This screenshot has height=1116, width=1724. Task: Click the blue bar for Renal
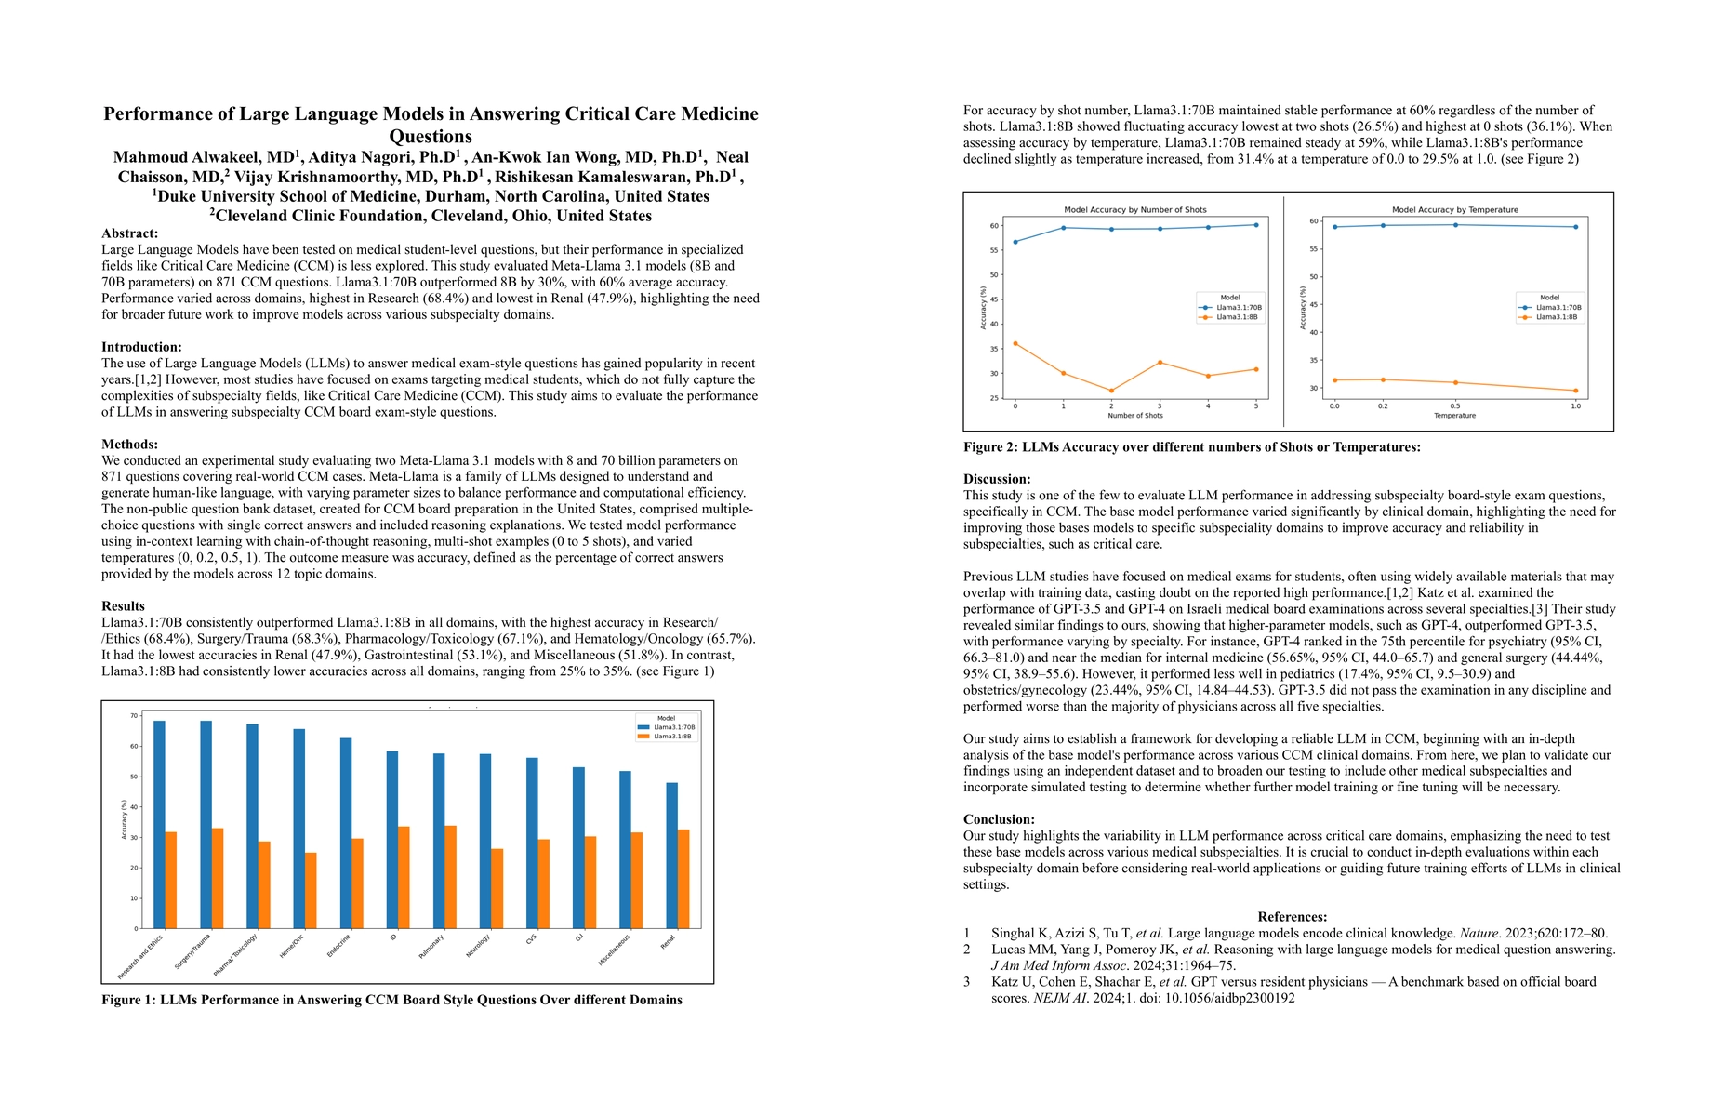671,856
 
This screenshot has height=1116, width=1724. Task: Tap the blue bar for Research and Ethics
159,824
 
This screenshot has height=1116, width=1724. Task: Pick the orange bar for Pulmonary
450,876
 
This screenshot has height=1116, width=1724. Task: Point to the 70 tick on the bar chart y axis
134,716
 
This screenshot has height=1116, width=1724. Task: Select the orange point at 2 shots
1111,391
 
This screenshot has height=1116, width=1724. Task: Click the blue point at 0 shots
1015,242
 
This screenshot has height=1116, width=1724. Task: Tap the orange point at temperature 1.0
1575,391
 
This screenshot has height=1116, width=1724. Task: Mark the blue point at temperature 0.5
1455,225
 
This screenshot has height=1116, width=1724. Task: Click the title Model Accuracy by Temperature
1454,210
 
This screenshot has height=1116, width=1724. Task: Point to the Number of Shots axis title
1134,416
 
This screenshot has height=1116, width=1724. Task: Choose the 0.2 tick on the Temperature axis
1383,406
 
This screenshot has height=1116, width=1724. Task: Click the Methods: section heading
129,445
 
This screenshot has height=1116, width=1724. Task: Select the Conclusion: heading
999,819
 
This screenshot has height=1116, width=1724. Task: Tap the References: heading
1292,917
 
